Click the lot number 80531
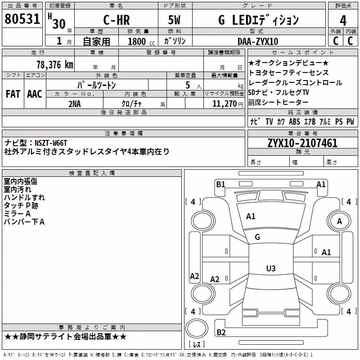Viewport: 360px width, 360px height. point(22,19)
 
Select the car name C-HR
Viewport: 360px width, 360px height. point(117,20)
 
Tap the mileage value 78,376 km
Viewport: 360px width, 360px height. point(55,65)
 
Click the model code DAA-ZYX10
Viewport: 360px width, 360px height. point(258,41)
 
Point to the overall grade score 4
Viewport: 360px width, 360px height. point(343,21)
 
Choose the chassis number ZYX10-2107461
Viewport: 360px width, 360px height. point(302,143)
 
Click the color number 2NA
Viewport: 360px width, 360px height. point(75,104)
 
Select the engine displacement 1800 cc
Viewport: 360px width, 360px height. point(141,41)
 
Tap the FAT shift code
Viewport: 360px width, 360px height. point(13,94)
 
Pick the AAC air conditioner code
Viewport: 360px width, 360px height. point(35,94)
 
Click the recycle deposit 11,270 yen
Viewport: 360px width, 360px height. point(228,104)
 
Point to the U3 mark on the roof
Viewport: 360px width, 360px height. point(271,268)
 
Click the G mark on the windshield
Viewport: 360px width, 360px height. point(257,237)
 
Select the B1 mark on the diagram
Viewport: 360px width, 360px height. point(220,184)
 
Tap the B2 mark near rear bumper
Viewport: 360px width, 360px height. point(221,332)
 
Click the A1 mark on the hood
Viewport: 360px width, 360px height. point(251,216)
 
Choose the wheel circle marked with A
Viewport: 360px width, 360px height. point(339,221)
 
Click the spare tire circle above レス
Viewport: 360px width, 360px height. point(197,328)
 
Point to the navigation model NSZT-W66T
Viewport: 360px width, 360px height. point(51,143)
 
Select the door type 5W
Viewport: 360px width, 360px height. point(174,20)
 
